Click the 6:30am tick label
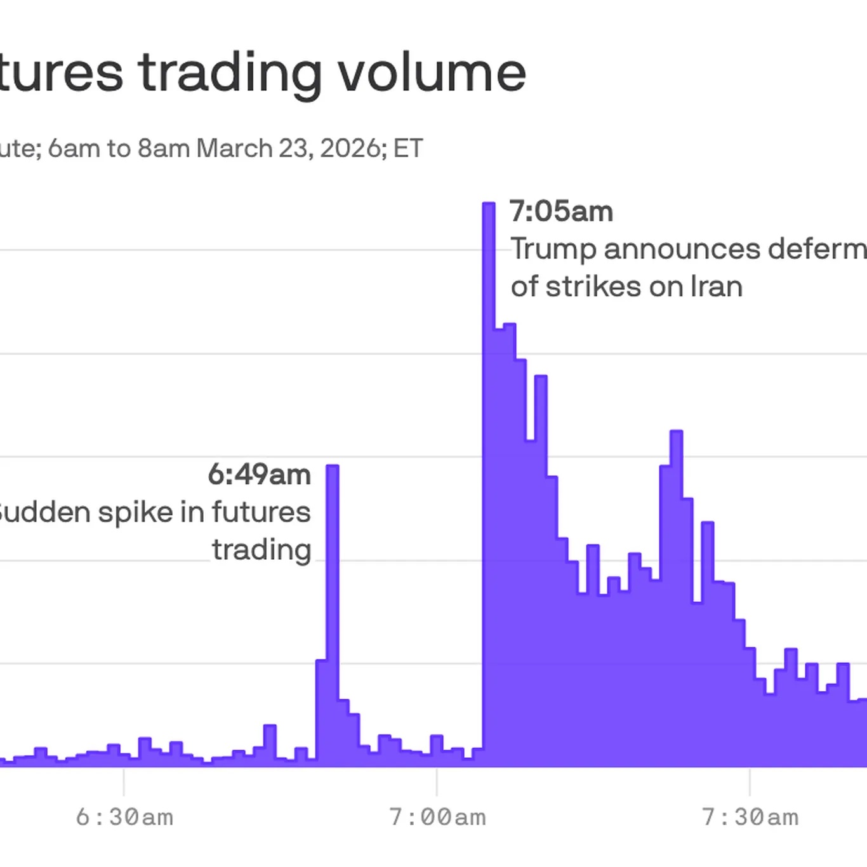click(x=124, y=817)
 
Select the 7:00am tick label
click(x=437, y=817)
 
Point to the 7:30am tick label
click(x=750, y=817)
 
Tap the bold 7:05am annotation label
click(x=561, y=211)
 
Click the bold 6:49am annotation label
click(x=259, y=475)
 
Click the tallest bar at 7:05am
click(x=489, y=444)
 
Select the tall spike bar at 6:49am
click(x=332, y=603)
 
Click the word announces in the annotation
click(x=682, y=249)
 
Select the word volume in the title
click(x=432, y=72)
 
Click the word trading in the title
click(x=230, y=74)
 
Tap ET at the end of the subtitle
click(x=407, y=149)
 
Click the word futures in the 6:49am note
click(x=261, y=512)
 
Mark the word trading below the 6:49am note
click(x=261, y=550)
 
